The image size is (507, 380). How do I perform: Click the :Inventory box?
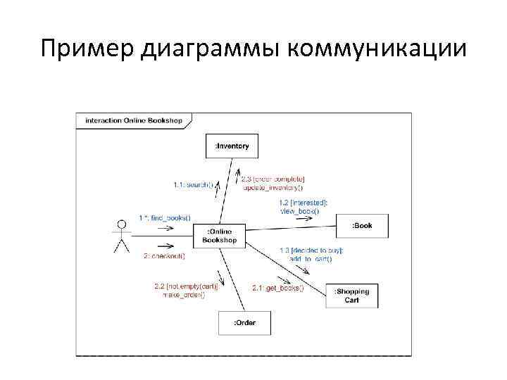(232, 146)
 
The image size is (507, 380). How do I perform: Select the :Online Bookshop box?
(220, 236)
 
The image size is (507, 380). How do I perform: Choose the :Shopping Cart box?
(351, 296)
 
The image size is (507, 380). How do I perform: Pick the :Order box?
(244, 323)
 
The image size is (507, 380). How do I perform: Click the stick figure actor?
(122, 236)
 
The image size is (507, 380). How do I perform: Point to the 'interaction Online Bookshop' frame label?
(133, 120)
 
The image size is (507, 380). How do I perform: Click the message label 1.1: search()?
(192, 184)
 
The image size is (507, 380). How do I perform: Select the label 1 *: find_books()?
(165, 217)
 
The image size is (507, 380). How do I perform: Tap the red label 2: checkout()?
(163, 256)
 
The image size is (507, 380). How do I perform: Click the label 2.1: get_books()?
(278, 287)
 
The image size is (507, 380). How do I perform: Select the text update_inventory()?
(273, 187)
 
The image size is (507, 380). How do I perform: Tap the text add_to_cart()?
(310, 259)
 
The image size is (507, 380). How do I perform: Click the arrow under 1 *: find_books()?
(165, 228)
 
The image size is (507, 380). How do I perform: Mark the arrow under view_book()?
(304, 219)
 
